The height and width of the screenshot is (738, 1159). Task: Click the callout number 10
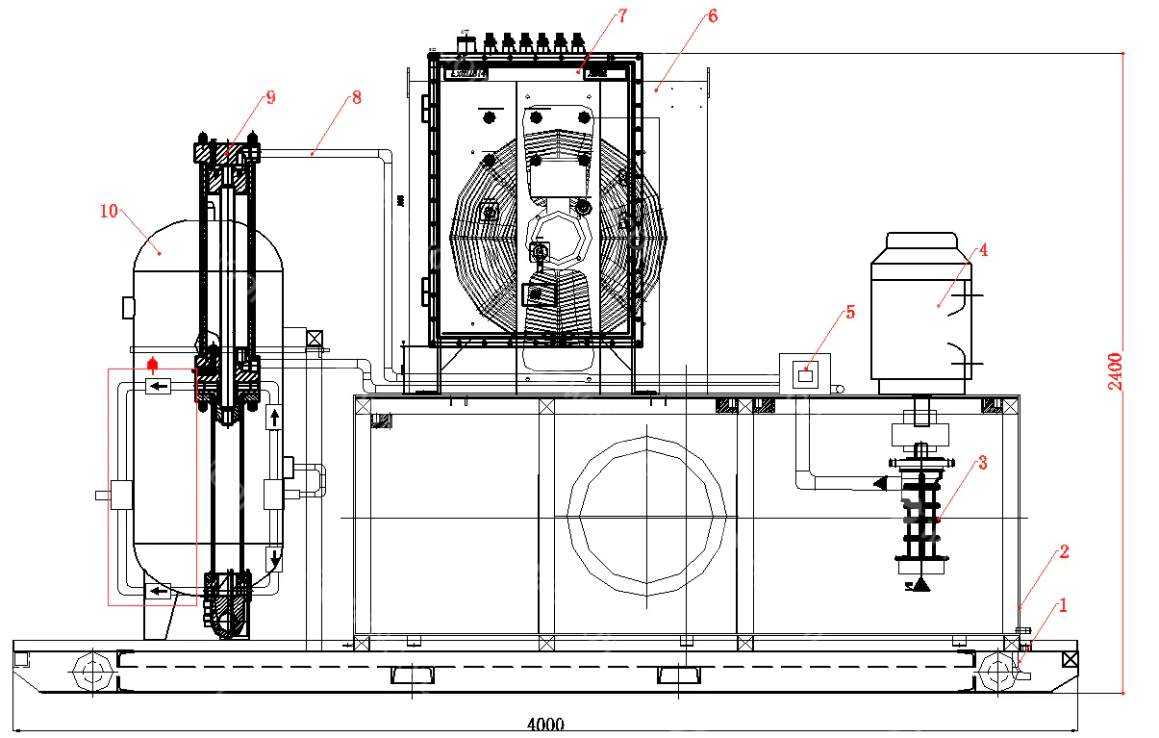click(109, 210)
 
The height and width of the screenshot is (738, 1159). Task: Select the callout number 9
click(270, 96)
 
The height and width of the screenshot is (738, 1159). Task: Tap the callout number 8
click(356, 97)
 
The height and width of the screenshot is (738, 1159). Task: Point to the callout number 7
click(622, 15)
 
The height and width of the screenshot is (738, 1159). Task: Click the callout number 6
click(712, 15)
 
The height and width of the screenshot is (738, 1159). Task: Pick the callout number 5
click(849, 312)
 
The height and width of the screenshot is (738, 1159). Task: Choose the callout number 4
click(983, 249)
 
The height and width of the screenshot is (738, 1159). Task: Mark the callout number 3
click(982, 463)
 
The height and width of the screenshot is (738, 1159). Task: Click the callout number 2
click(1064, 551)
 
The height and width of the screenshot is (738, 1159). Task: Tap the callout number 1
click(1063, 605)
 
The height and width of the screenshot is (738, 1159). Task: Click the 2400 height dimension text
click(1115, 371)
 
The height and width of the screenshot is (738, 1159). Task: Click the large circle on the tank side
click(646, 515)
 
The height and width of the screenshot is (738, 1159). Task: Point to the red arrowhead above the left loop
click(151, 364)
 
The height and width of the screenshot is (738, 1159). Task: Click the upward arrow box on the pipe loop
click(274, 417)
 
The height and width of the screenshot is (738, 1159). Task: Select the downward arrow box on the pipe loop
click(274, 558)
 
